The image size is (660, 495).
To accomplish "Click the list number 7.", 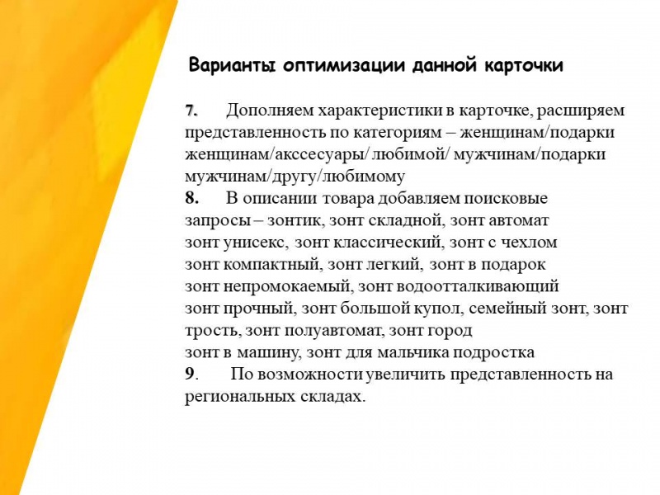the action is pos(191,111).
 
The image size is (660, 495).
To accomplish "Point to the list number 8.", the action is pos(191,198).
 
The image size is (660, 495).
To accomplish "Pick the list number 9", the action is pos(191,374).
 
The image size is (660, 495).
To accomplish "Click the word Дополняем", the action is pos(270,111).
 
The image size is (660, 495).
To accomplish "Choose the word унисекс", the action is pos(256,243).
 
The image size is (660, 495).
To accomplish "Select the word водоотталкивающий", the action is pos(481,286).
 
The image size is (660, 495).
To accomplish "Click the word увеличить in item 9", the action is pos(405,375).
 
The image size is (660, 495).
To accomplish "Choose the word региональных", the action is pos(240,397).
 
